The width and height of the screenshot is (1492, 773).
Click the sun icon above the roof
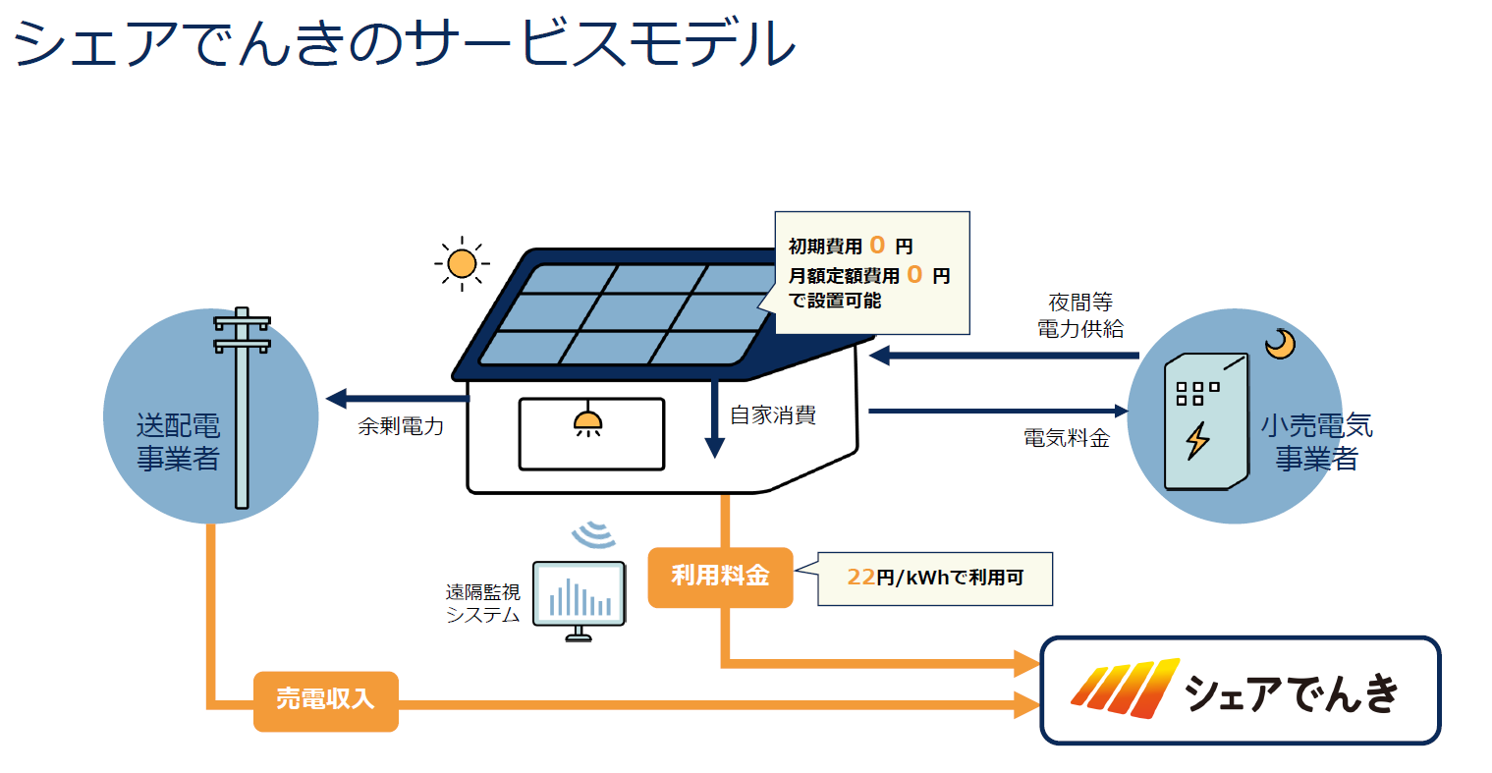(462, 263)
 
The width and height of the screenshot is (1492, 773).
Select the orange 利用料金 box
(720, 577)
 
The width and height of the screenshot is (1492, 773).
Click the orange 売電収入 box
(326, 700)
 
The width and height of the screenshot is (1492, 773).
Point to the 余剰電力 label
(401, 426)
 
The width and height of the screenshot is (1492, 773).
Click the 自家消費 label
(773, 415)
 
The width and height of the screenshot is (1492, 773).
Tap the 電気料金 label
(1067, 438)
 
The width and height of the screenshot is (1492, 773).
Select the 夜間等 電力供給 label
(1080, 315)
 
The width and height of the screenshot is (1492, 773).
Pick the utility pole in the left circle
(242, 408)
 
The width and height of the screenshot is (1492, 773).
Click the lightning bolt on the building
(1197, 440)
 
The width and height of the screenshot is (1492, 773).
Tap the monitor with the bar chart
(579, 600)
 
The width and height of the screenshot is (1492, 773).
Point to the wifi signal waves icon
(593, 534)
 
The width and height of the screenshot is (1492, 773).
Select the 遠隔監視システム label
(483, 603)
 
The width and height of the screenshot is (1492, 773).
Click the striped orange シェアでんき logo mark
(1126, 690)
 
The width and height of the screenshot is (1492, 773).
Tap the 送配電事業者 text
(179, 441)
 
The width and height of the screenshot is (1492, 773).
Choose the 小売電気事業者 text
(1316, 441)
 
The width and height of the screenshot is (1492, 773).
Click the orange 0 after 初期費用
(877, 245)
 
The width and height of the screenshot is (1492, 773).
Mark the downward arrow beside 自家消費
(715, 418)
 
